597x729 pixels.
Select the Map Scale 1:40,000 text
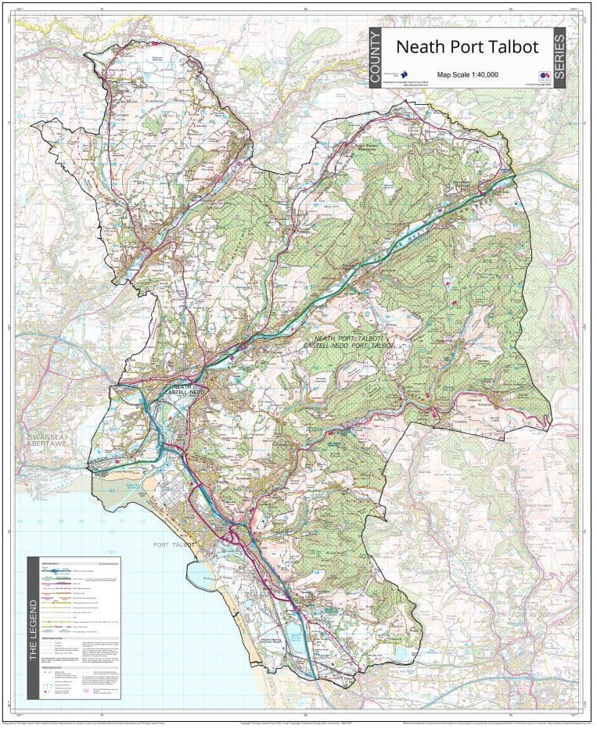pos(468,74)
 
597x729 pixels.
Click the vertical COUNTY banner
pos(376,58)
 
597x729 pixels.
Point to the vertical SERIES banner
pos(559,58)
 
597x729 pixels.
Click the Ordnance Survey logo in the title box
pos(544,76)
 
